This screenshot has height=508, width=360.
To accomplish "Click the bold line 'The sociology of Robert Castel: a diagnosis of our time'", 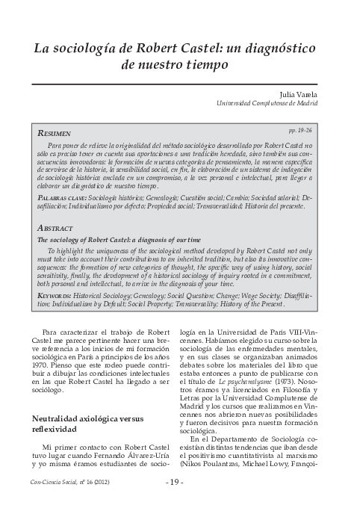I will tap(117, 240).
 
